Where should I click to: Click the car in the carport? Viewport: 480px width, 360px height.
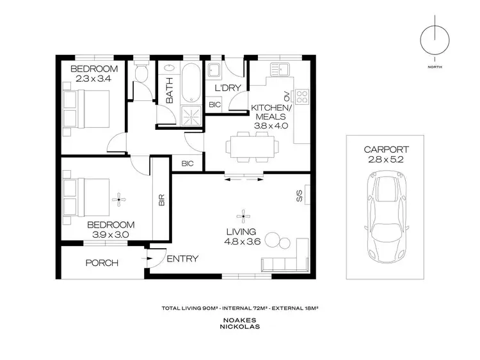tap(385, 219)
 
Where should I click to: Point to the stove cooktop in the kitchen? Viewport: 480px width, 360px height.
tap(302, 98)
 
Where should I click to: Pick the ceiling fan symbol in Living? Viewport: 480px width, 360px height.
tap(243, 215)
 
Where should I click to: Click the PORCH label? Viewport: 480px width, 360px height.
tap(102, 263)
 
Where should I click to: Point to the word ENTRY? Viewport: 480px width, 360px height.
tap(182, 259)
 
